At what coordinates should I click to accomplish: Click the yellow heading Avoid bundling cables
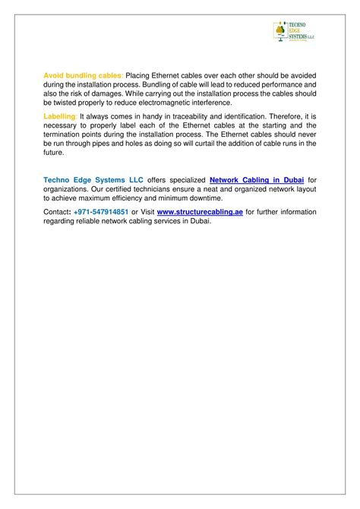[x=83, y=76]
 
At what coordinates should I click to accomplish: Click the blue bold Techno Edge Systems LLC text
[x=90, y=179]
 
